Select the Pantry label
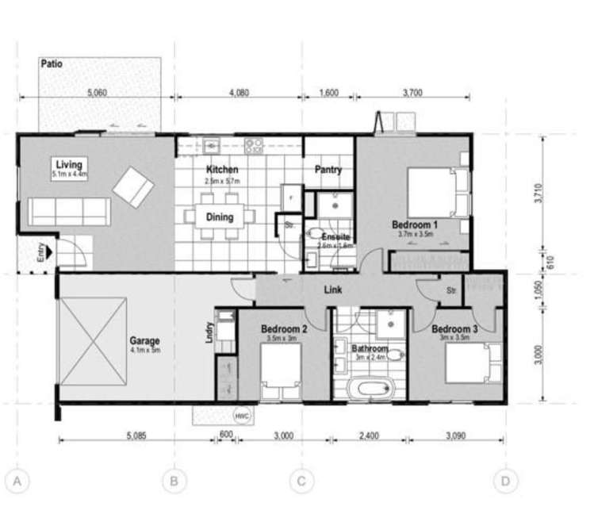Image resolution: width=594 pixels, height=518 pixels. tap(328, 170)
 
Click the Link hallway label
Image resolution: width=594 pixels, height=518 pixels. tap(333, 291)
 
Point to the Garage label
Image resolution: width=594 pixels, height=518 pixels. tap(144, 343)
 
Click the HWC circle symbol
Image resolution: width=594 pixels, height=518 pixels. tap(240, 415)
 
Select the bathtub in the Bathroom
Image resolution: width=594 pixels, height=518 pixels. tap(370, 389)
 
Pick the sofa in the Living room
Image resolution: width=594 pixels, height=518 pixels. tap(68, 211)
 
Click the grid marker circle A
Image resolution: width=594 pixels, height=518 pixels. tap(17, 481)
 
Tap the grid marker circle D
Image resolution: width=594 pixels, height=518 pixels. tap(504, 481)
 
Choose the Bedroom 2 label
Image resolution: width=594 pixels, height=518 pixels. tap(283, 329)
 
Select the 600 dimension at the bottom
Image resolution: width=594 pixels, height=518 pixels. tap(226, 435)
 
